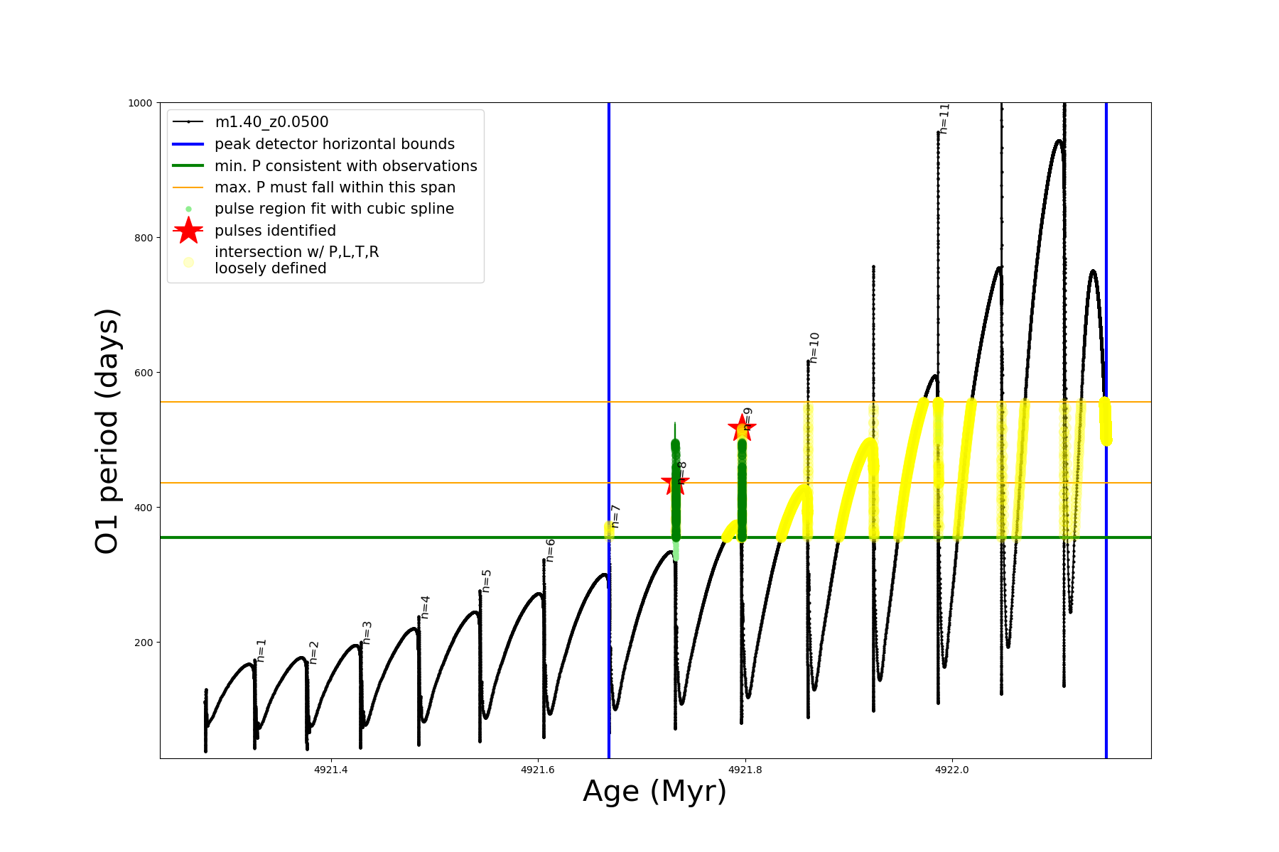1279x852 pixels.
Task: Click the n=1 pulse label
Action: [x=261, y=650]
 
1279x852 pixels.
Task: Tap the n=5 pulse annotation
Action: [x=487, y=581]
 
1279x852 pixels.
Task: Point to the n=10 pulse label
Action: [x=814, y=348]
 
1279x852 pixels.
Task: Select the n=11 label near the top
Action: [x=944, y=119]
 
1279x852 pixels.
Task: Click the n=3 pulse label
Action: [x=367, y=633]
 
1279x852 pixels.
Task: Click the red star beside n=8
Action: [x=674, y=484]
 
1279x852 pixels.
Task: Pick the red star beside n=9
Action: [x=741, y=428]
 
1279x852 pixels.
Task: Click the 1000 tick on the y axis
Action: [x=140, y=103]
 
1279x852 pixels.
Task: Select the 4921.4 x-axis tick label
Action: [x=330, y=770]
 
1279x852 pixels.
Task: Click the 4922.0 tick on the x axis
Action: [x=952, y=770]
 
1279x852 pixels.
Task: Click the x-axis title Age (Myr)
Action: [x=654, y=792]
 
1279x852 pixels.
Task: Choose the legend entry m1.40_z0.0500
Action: [x=271, y=122]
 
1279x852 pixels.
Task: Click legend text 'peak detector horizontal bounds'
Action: [x=335, y=144]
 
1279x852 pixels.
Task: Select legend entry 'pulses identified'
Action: [x=275, y=231]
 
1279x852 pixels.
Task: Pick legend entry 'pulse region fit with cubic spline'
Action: [x=334, y=209]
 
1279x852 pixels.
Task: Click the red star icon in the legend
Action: [x=188, y=231]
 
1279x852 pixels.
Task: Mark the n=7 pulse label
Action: [x=615, y=516]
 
